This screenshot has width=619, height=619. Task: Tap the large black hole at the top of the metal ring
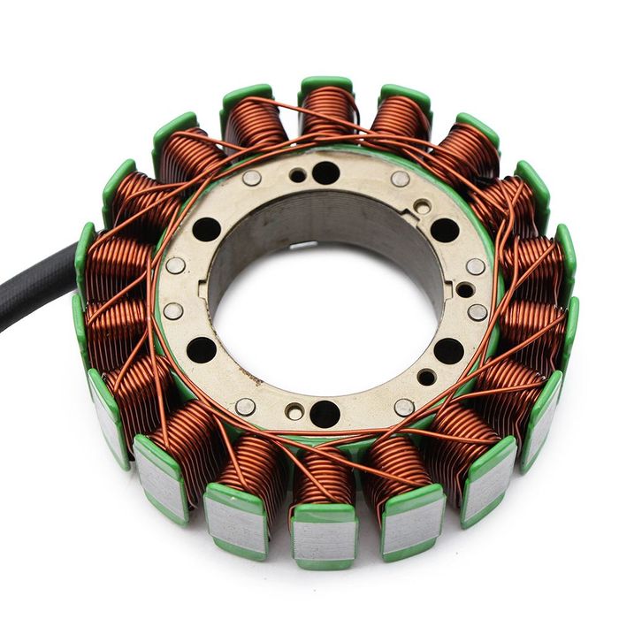coord(325,172)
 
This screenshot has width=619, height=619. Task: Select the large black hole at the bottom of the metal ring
coord(325,413)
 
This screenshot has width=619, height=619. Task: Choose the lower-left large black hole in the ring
coord(203,350)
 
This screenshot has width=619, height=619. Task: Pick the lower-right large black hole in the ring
coord(450,350)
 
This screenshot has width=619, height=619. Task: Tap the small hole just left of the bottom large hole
coord(294,411)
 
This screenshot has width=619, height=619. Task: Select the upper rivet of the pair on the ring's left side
coord(175,265)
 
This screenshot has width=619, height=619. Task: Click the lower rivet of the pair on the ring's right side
coord(478,311)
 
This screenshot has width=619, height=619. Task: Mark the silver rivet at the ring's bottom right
coord(404,407)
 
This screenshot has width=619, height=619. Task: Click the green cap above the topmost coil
coord(326,85)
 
